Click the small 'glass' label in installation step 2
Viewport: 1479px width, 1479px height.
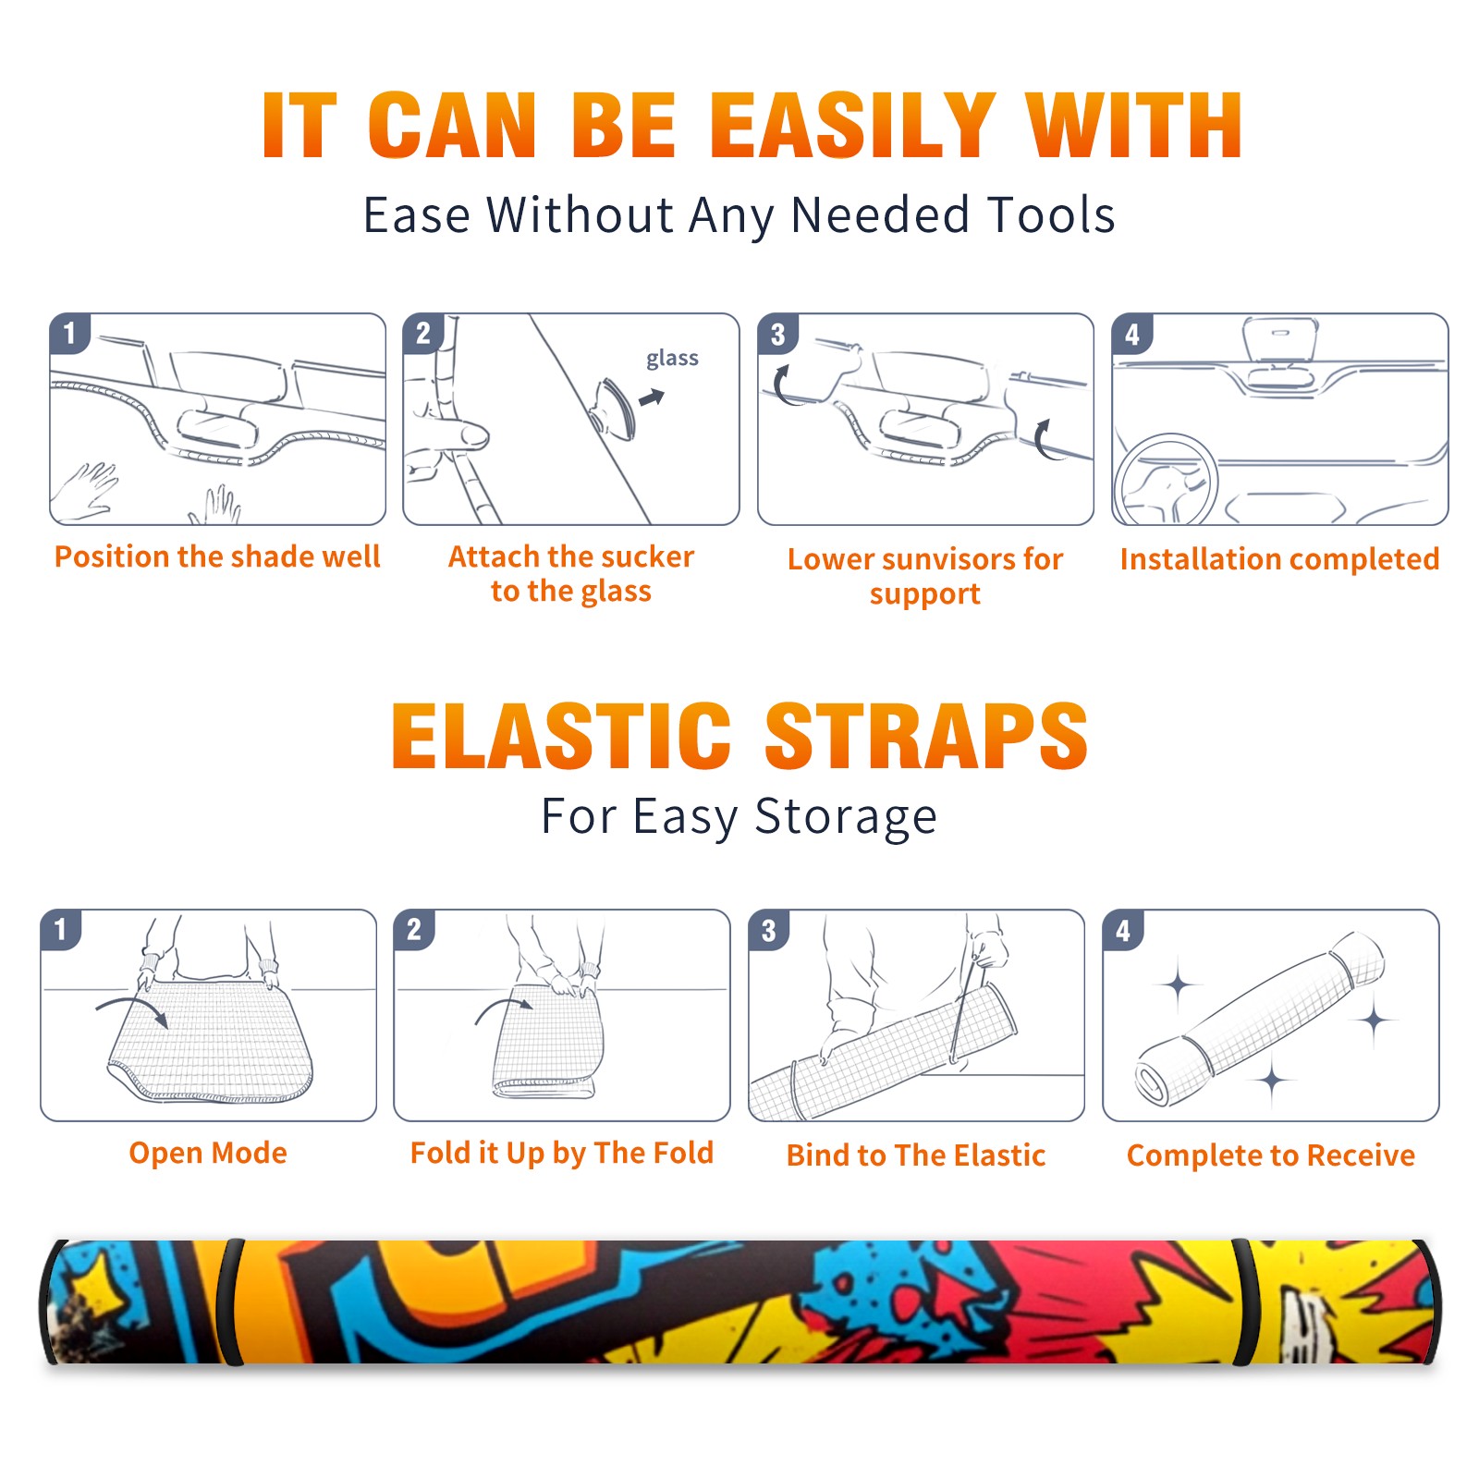[x=672, y=359]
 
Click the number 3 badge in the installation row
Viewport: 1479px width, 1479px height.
[x=778, y=335]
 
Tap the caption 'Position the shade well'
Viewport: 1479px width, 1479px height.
[x=217, y=556]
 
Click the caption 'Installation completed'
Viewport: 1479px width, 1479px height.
[x=1279, y=558]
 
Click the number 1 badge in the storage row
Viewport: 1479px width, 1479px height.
[x=61, y=930]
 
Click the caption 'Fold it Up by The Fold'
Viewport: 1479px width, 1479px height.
[x=562, y=1153]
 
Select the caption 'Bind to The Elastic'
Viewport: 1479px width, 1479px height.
[x=916, y=1155]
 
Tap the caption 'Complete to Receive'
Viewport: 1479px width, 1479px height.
[x=1271, y=1155]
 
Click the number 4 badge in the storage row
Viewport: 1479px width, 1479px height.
[x=1123, y=930]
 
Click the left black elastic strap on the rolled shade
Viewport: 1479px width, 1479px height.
[x=231, y=1302]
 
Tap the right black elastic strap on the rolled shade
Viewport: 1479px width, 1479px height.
[x=1244, y=1302]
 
